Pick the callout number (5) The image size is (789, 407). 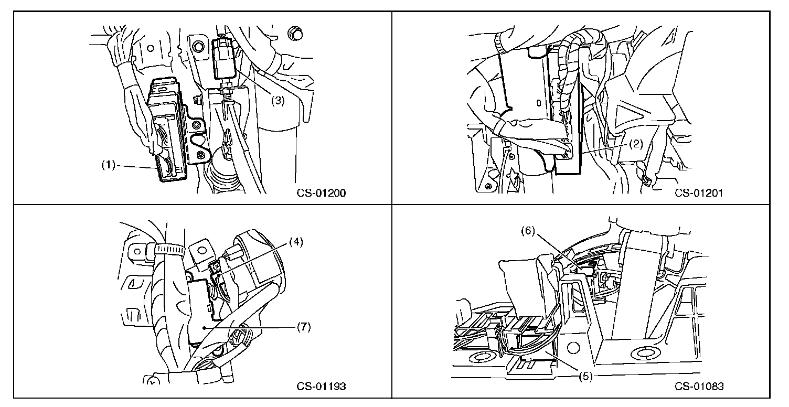(x=585, y=376)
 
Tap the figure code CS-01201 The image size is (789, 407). (x=699, y=192)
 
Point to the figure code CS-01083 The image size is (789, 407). (x=699, y=387)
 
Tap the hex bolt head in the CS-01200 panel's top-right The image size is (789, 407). (x=295, y=35)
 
